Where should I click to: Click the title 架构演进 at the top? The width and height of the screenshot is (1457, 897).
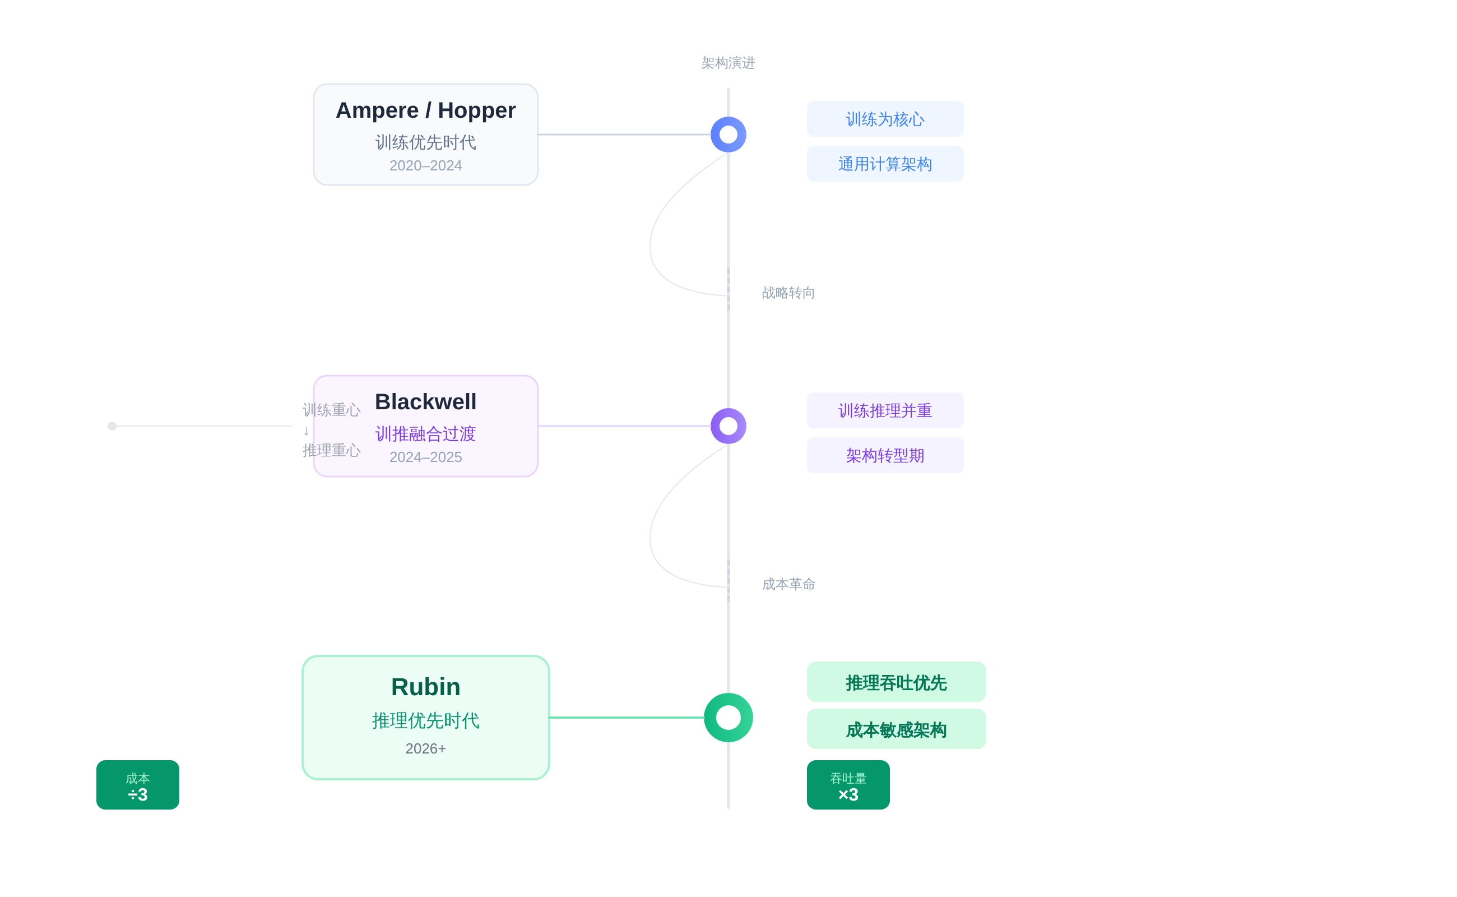click(x=727, y=63)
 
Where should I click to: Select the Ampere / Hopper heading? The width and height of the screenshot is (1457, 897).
click(x=425, y=110)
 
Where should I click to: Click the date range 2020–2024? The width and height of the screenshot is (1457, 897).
click(x=425, y=165)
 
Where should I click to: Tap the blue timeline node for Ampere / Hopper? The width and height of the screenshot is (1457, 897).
click(x=728, y=135)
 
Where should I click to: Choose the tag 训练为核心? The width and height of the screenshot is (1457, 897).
click(x=885, y=119)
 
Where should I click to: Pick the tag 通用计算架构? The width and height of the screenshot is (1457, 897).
click(x=885, y=164)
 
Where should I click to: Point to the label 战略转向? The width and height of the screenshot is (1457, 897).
click(x=788, y=293)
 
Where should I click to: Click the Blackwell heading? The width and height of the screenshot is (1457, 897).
click(x=425, y=401)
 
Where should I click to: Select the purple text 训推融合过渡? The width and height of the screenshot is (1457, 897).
click(x=425, y=434)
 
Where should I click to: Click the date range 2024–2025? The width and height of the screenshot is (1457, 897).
click(x=425, y=457)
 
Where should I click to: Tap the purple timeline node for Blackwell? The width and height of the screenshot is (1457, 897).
click(x=728, y=426)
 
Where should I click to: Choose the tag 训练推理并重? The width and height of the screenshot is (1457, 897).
click(x=885, y=410)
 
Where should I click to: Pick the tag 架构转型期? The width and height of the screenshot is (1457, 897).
click(x=885, y=455)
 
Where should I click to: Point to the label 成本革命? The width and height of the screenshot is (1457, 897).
click(x=788, y=584)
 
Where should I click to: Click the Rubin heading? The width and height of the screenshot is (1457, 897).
click(x=425, y=687)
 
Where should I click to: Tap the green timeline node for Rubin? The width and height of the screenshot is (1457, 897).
click(x=728, y=717)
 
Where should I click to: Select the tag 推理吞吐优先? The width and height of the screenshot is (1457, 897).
click(x=896, y=682)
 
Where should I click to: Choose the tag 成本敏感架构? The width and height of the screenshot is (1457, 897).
click(x=896, y=729)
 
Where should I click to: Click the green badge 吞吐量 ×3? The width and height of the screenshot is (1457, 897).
click(x=848, y=785)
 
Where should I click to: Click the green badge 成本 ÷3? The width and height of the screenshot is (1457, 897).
click(x=138, y=785)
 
